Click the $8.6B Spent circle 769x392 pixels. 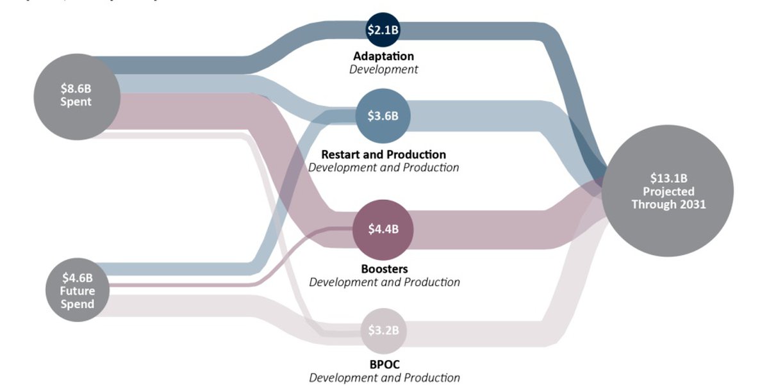pos(76,95)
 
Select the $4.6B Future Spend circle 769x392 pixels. pos(78,290)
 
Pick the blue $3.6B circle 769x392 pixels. pos(383,116)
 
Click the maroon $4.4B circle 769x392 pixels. pos(383,229)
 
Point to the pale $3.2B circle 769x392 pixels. pos(383,331)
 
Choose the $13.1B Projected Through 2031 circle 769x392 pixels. pos(668,192)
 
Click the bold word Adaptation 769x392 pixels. pos(383,56)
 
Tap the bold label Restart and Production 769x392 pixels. pos(383,154)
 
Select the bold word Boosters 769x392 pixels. pos(383,269)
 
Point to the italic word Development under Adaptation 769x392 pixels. pos(383,69)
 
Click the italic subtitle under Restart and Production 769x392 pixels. pos(383,168)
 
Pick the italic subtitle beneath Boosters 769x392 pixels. pos(384,282)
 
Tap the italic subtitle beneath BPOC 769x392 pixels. pos(384,378)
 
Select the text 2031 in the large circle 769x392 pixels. pos(692,204)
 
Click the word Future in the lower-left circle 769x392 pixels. pos(78,291)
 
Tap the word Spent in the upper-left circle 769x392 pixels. pos(76,102)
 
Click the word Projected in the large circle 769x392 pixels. pos(668,192)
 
